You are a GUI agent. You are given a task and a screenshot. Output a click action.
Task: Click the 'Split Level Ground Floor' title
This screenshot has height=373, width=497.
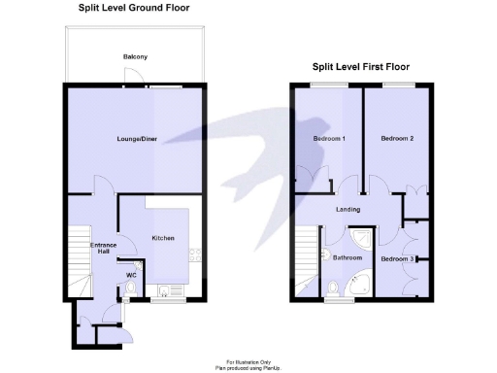tap(134, 8)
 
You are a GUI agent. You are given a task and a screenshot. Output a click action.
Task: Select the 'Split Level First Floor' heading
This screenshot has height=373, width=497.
tap(360, 67)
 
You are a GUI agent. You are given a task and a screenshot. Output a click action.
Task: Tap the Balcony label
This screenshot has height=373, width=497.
tap(135, 57)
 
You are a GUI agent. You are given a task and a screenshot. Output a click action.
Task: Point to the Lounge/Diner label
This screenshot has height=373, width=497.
tap(137, 139)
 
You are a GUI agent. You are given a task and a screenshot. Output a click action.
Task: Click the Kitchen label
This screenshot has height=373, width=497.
tap(162, 238)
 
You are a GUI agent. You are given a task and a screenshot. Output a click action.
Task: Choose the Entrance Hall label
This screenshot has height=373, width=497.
tap(104, 249)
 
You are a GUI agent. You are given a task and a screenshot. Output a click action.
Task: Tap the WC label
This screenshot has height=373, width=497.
tap(131, 275)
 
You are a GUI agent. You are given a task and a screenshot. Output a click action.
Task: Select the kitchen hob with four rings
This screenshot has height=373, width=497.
tap(194, 254)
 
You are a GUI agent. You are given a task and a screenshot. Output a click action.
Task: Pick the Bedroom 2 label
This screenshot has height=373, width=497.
tap(397, 139)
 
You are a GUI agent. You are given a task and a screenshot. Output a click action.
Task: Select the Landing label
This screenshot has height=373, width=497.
tap(348, 209)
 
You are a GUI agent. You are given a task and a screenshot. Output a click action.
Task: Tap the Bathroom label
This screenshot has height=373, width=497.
tap(348, 258)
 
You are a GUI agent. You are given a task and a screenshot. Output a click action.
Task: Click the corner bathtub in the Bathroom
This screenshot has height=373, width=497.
tap(362, 285)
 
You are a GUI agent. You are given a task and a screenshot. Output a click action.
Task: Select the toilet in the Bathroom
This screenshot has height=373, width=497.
tap(333, 287)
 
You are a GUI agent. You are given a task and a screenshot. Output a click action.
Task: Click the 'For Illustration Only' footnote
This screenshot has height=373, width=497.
tap(248, 360)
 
